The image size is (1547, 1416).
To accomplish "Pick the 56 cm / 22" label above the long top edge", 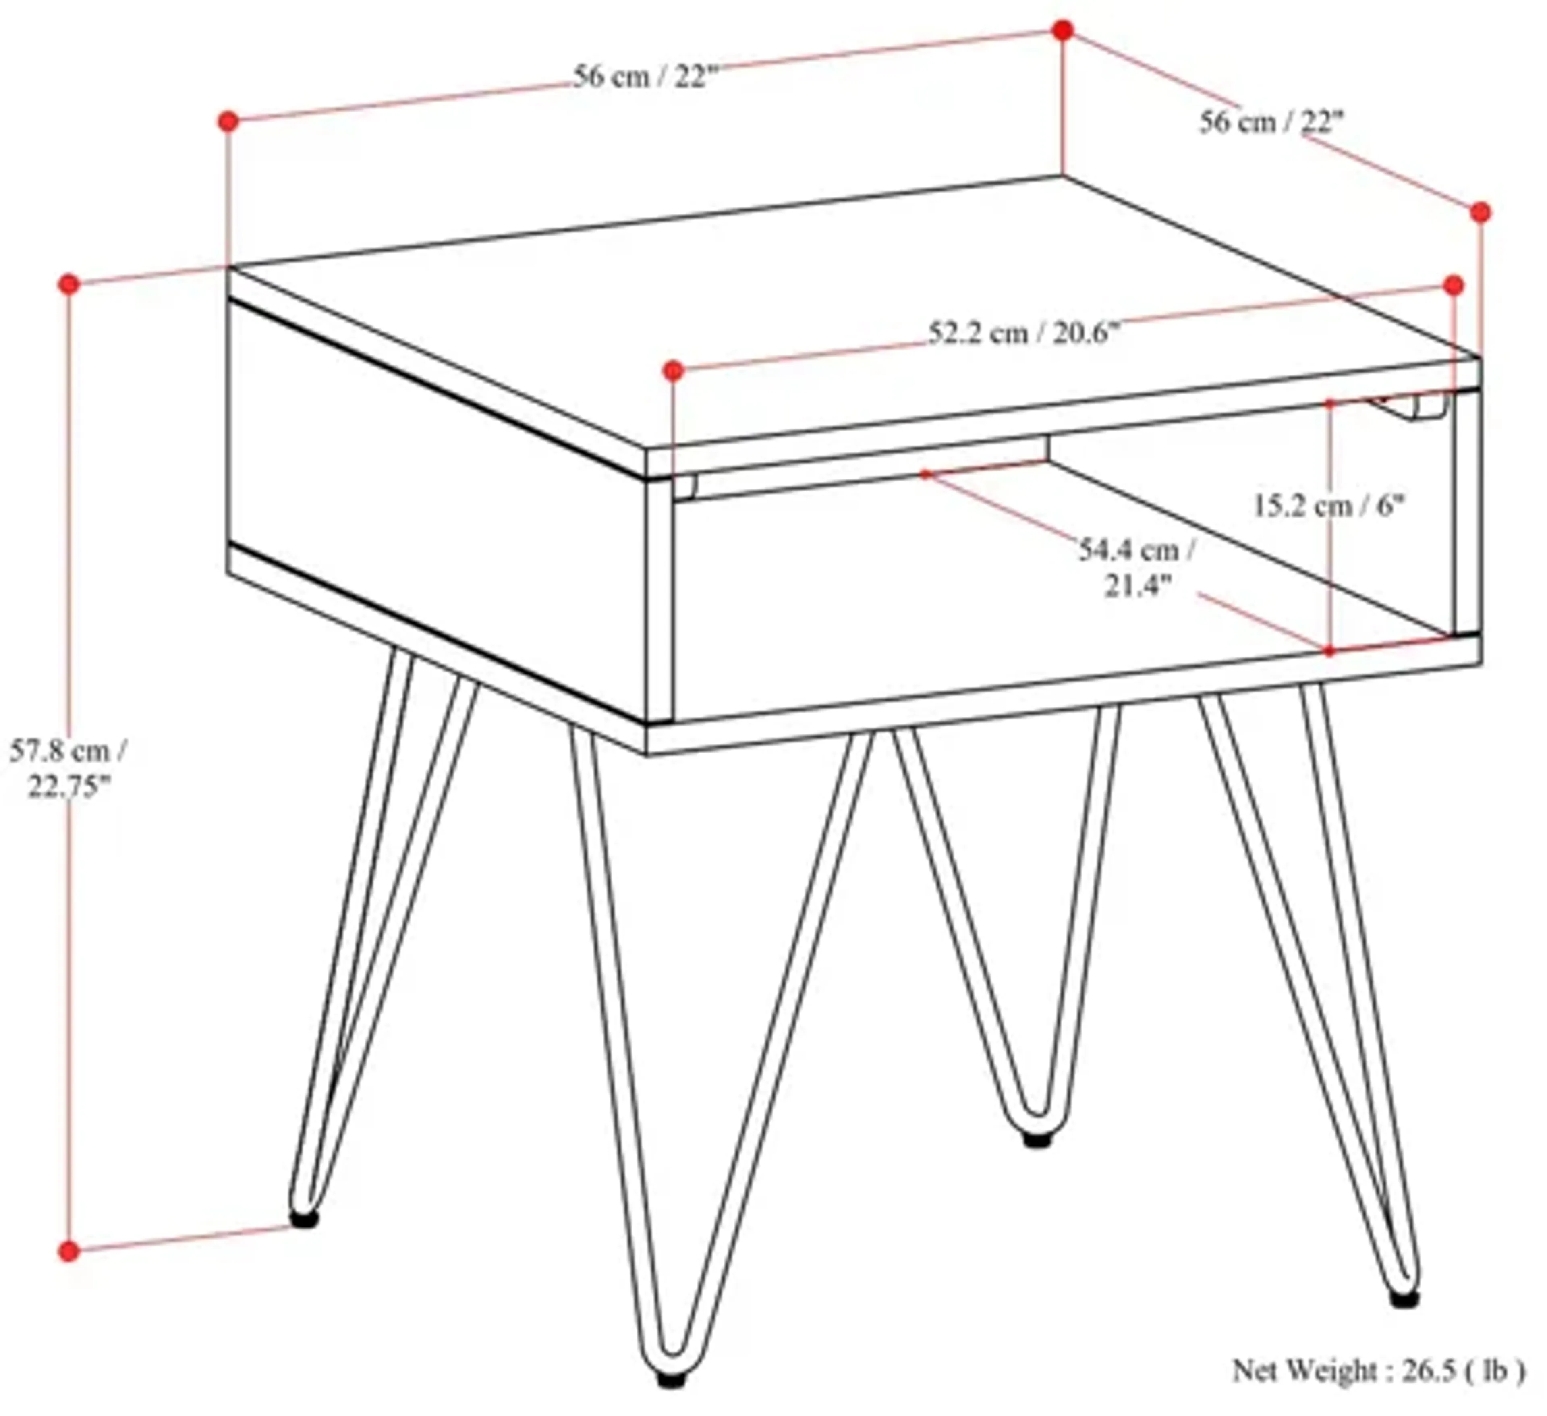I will coord(645,77).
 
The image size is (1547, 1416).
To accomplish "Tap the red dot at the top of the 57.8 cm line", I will coord(69,284).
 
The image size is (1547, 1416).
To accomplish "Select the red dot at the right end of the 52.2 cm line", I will coord(1454,285).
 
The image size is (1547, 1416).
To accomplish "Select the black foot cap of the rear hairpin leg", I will coord(1037,1140).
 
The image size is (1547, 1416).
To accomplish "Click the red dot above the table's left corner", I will coord(228,121).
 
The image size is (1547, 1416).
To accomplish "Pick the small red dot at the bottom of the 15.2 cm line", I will coord(1329,651).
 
